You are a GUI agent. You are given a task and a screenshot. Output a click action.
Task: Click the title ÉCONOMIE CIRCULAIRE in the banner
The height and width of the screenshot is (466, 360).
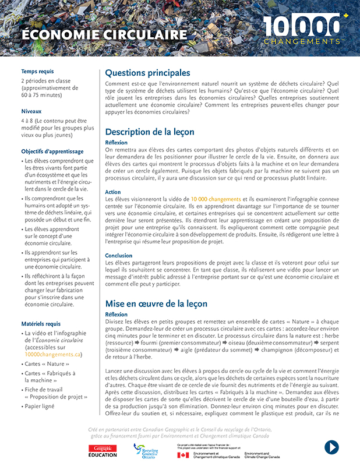click(x=104, y=34)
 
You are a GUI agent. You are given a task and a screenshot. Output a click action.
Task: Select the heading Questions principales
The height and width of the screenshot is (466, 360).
click(x=147, y=73)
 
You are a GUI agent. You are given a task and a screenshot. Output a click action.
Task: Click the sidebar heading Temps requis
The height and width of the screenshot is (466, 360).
click(x=37, y=71)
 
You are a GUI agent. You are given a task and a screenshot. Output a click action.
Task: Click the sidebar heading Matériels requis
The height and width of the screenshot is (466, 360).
click(x=41, y=323)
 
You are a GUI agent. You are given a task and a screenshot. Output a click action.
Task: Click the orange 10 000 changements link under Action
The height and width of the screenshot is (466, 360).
click(x=216, y=199)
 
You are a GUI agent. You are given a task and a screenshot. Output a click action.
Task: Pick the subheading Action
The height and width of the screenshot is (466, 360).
click(x=113, y=192)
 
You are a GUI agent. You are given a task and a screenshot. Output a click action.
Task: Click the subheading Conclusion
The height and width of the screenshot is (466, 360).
click(x=119, y=256)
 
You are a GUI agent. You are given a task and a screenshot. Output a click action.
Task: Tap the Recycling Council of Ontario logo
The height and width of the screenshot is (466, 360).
click(x=146, y=450)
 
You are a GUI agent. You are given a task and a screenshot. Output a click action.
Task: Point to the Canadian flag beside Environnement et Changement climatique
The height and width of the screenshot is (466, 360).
click(x=183, y=455)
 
